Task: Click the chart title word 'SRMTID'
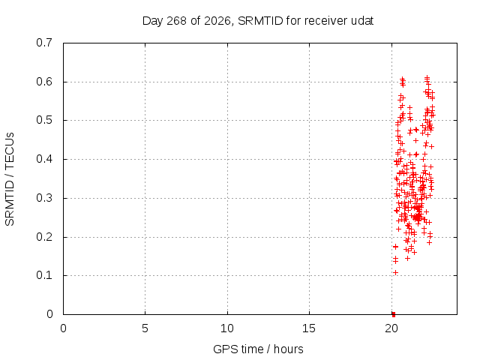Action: point(260,21)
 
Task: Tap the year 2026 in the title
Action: point(217,21)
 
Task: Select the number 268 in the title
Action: point(176,21)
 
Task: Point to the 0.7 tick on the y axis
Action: point(44,43)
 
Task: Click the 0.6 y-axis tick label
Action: point(44,82)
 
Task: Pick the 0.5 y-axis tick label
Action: point(44,120)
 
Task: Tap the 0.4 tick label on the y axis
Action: point(44,159)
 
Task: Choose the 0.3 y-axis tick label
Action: point(44,198)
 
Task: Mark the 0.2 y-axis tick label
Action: point(44,237)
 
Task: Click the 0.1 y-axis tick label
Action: point(44,275)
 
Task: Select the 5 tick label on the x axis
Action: point(145,328)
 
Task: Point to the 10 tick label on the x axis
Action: point(227,328)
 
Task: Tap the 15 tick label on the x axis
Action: point(309,328)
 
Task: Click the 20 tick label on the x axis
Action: point(391,328)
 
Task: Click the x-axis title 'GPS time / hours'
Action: point(258,349)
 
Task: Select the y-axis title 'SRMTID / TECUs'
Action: point(10,179)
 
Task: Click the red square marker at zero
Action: point(394,314)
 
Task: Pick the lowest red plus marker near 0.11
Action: point(395,272)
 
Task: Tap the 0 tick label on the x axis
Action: point(63,328)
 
